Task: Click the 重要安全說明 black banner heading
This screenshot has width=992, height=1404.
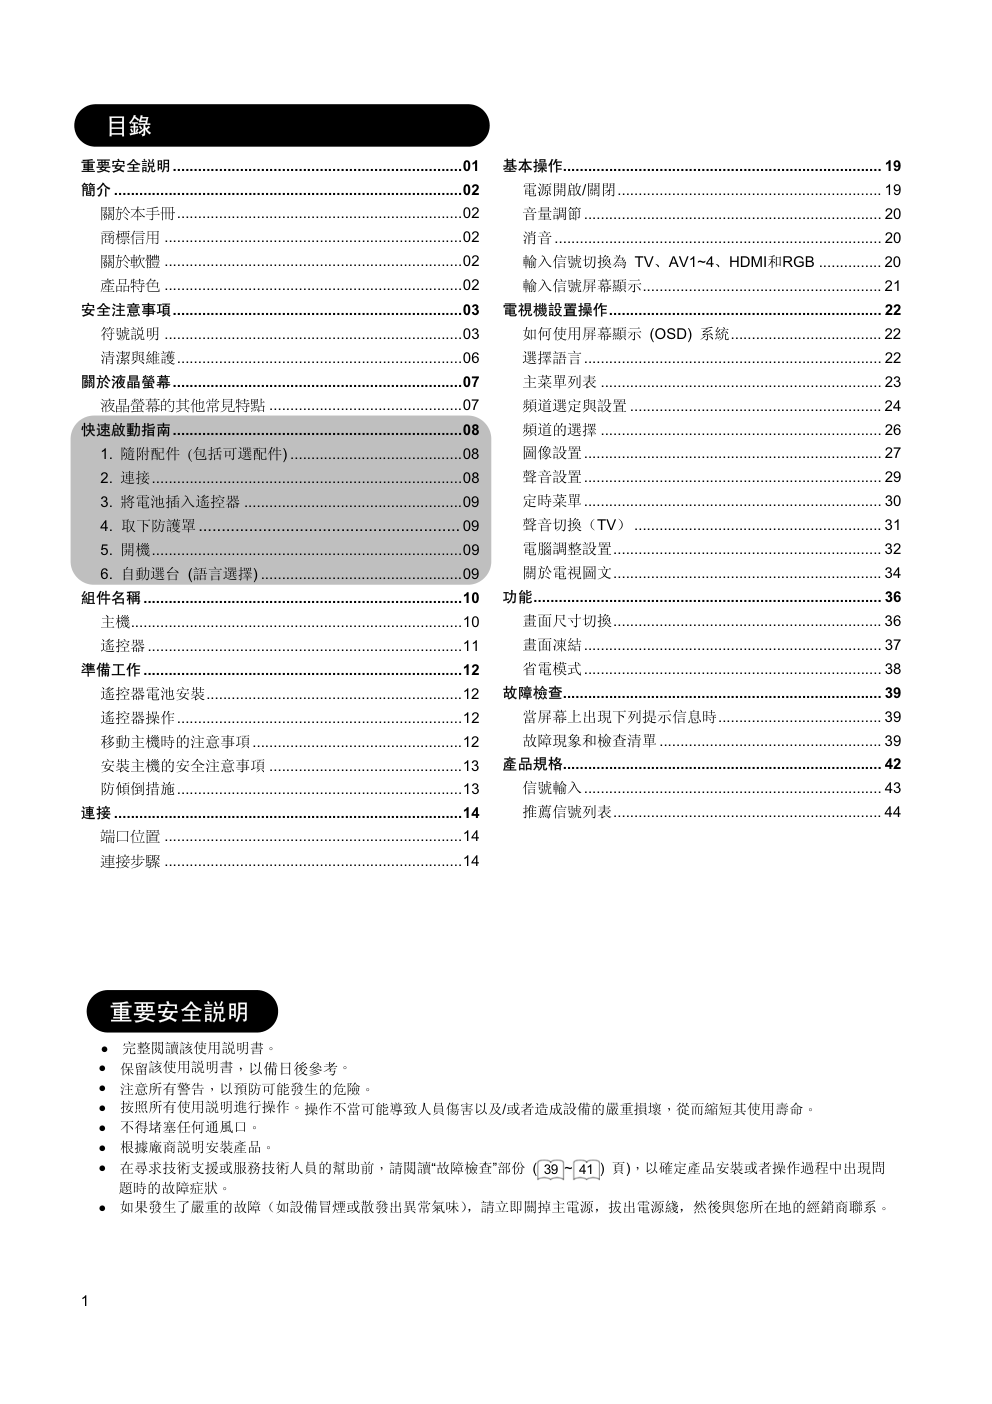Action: [179, 1012]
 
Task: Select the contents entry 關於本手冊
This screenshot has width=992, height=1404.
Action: [138, 214]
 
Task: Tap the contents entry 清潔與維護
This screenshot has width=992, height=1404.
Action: [138, 358]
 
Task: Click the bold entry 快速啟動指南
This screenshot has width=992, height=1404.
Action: [126, 430]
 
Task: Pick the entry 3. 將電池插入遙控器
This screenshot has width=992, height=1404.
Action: [171, 502]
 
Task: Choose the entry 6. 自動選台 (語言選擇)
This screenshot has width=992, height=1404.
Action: [179, 574]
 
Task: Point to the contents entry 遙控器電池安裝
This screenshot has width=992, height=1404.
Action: [153, 694]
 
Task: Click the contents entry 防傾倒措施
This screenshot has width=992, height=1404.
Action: [138, 789]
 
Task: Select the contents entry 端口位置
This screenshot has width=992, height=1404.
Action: [130, 837]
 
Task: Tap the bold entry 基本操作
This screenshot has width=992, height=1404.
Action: [532, 166]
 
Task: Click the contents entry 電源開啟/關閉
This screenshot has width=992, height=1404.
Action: [569, 190]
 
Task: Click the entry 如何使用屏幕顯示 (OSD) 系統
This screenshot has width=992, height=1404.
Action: [626, 334]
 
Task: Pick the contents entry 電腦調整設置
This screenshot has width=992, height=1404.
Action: [567, 549]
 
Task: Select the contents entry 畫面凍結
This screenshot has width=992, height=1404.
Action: [552, 645]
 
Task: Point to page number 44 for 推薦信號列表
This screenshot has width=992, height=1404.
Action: [892, 813]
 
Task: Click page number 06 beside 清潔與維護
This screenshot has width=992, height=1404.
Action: [470, 358]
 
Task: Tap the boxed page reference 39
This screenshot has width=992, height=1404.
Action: [551, 1169]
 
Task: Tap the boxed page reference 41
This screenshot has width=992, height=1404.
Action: [587, 1169]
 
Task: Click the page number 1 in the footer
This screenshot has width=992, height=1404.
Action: [85, 1301]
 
